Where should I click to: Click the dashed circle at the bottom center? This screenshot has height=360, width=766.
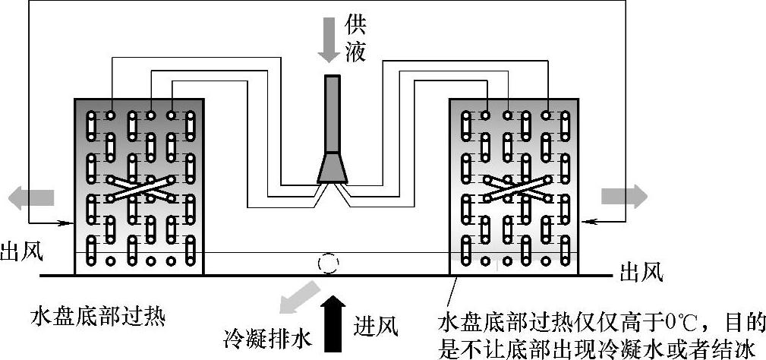click(329, 264)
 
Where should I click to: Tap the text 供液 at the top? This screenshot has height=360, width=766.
click(355, 38)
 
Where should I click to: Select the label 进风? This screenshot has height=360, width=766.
click(376, 327)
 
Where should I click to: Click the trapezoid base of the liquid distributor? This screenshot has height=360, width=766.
click(333, 169)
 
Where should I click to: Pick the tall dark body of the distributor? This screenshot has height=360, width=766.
click(333, 114)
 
